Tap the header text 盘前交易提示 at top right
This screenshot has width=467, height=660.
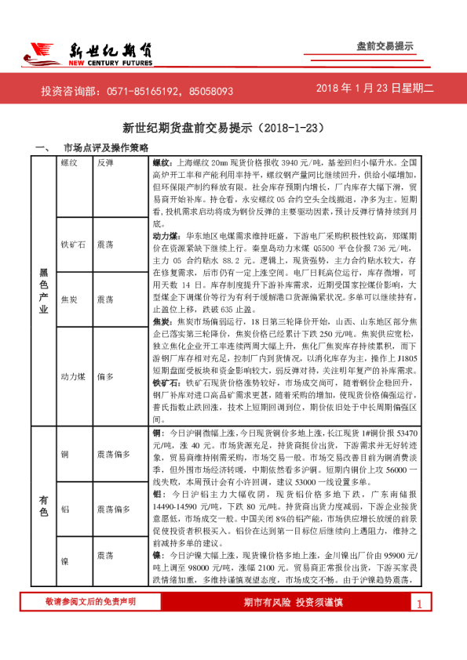click(x=385, y=46)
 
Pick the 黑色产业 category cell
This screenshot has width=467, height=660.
click(x=44, y=290)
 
